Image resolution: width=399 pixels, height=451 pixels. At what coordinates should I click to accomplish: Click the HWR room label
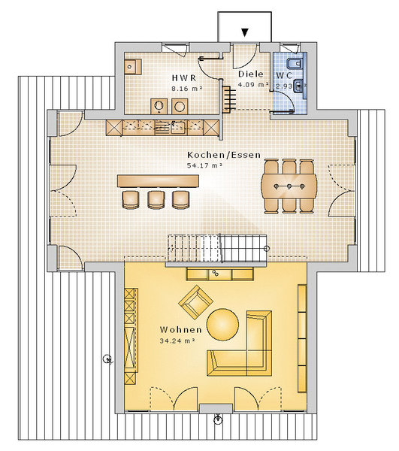184,78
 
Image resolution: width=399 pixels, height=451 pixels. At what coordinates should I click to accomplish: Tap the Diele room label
251,74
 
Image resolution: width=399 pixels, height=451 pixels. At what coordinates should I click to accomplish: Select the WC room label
285,76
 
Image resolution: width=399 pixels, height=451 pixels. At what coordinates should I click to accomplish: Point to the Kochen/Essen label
224,155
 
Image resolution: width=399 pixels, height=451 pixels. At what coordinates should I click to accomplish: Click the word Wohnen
181,330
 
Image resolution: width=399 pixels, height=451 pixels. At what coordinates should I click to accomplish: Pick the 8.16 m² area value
187,89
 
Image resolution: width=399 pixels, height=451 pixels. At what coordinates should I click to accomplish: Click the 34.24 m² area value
177,341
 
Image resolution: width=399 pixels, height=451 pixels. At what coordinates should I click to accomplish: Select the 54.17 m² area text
204,165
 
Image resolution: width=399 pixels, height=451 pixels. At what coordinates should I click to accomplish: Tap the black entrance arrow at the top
245,32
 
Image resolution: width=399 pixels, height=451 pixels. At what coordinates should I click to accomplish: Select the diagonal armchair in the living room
196,302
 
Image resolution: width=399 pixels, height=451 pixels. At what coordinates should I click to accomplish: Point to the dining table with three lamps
289,186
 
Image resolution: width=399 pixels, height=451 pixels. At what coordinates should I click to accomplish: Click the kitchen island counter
158,181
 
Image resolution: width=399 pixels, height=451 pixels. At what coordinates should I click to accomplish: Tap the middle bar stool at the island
156,199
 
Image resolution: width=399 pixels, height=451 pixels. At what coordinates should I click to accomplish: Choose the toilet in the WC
294,63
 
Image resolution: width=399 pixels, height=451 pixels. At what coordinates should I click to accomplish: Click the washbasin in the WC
298,86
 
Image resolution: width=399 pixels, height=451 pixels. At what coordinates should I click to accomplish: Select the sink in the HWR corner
133,67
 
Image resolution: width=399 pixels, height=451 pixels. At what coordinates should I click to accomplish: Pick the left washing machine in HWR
159,107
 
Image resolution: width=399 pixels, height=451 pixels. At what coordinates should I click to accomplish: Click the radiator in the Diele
229,99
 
